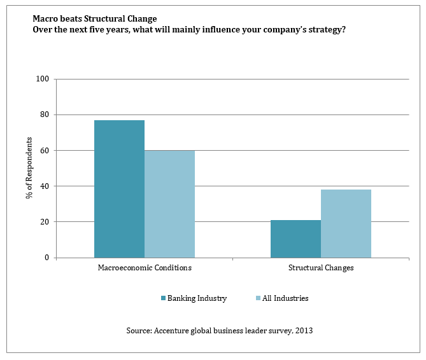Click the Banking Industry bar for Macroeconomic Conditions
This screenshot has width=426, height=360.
pos(119,189)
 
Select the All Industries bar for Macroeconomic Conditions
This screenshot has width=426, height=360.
pos(169,204)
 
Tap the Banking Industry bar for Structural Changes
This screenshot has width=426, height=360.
pos(295,239)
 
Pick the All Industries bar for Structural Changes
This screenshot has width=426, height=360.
pos(346,223)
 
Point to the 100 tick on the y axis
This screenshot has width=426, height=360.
pos(43,80)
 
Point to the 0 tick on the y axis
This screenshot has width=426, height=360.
pos(47,258)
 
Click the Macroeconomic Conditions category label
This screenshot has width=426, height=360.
pos(145,268)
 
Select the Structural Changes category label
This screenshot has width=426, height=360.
pos(321,268)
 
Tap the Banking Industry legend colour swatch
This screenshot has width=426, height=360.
pos(163,298)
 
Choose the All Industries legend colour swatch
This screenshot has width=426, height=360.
pos(257,298)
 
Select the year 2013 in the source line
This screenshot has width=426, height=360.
pos(303,331)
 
